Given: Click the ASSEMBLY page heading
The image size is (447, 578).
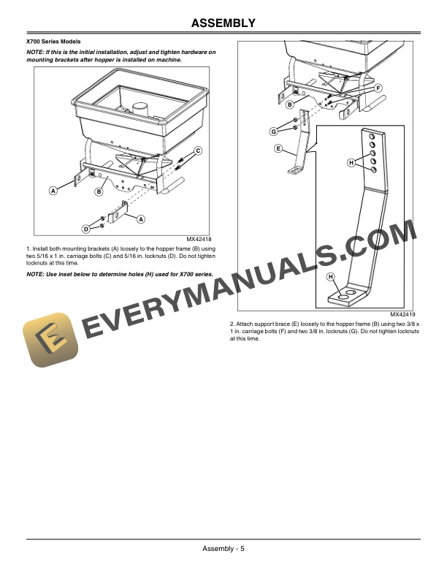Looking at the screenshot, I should pos(223,23).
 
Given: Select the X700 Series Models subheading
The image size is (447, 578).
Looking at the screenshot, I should pos(53,41).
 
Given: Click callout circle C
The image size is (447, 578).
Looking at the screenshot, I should pos(198,150).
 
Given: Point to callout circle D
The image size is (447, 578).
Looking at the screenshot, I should pos(85,229).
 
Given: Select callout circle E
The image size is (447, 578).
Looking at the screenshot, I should pos(278,148).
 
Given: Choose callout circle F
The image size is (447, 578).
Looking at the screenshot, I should pos(378,88).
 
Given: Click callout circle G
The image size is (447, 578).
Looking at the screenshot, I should pos(273,132).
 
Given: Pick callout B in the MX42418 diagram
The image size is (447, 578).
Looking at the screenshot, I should pos(99,191).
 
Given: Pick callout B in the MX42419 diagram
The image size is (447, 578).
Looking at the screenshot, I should pos(290,104).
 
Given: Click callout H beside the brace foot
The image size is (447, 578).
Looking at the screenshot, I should pos(330,277).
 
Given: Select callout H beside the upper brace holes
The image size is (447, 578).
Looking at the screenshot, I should pos(351,163).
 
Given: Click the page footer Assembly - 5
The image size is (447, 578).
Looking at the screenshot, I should pos(223,550).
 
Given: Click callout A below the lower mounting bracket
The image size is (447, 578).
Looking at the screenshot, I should pos(140,219).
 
